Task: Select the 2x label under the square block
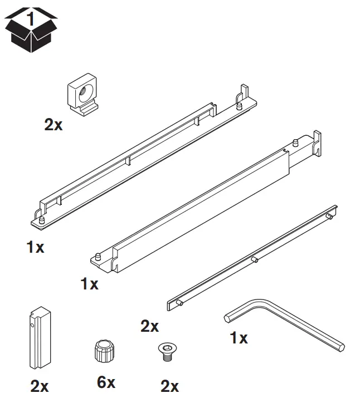pyautogui.click(x=53, y=125)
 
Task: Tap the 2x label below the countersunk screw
pyautogui.click(x=169, y=385)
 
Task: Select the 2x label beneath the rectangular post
pyautogui.click(x=39, y=386)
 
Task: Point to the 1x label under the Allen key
pyautogui.click(x=239, y=337)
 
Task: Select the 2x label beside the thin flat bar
pyautogui.click(x=149, y=326)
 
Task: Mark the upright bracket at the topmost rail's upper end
pyautogui.click(x=244, y=91)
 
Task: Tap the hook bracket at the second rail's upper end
pyautogui.click(x=317, y=140)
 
